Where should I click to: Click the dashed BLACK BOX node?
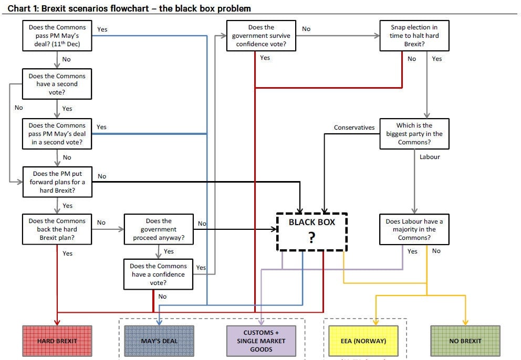pos(311,232)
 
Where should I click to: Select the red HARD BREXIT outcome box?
pos(57,341)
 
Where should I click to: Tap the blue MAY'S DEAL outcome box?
pos(159,341)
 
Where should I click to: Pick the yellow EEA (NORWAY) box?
pos(363,341)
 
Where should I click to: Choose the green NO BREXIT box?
pos(465,341)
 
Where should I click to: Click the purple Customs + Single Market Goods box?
pos(261,341)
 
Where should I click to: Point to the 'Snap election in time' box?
pos(414,36)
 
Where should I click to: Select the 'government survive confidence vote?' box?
pos(261,36)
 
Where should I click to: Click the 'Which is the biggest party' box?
pos(414,134)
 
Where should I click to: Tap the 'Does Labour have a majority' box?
pos(414,229)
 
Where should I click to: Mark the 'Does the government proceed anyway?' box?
pos(159,229)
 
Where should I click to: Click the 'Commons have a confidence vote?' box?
pos(158,274)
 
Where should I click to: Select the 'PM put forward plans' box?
pos(57,182)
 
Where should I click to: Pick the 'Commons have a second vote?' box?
pos(57,84)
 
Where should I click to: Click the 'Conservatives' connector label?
pos(354,128)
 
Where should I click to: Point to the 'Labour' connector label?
pos(430,157)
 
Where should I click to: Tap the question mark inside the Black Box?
pos(311,237)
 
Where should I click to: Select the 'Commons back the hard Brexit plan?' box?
pos(57,229)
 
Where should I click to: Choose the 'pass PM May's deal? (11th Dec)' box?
pos(57,36)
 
